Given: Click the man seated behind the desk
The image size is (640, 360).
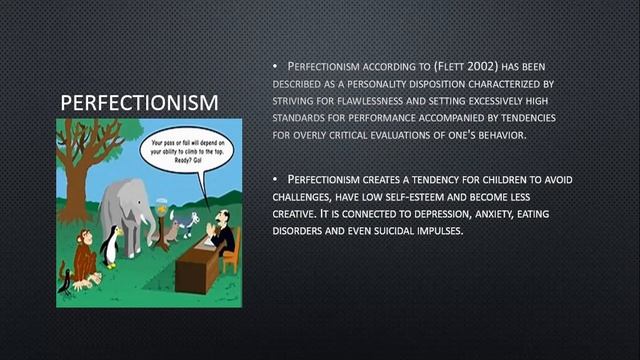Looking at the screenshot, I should coord(221,233).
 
